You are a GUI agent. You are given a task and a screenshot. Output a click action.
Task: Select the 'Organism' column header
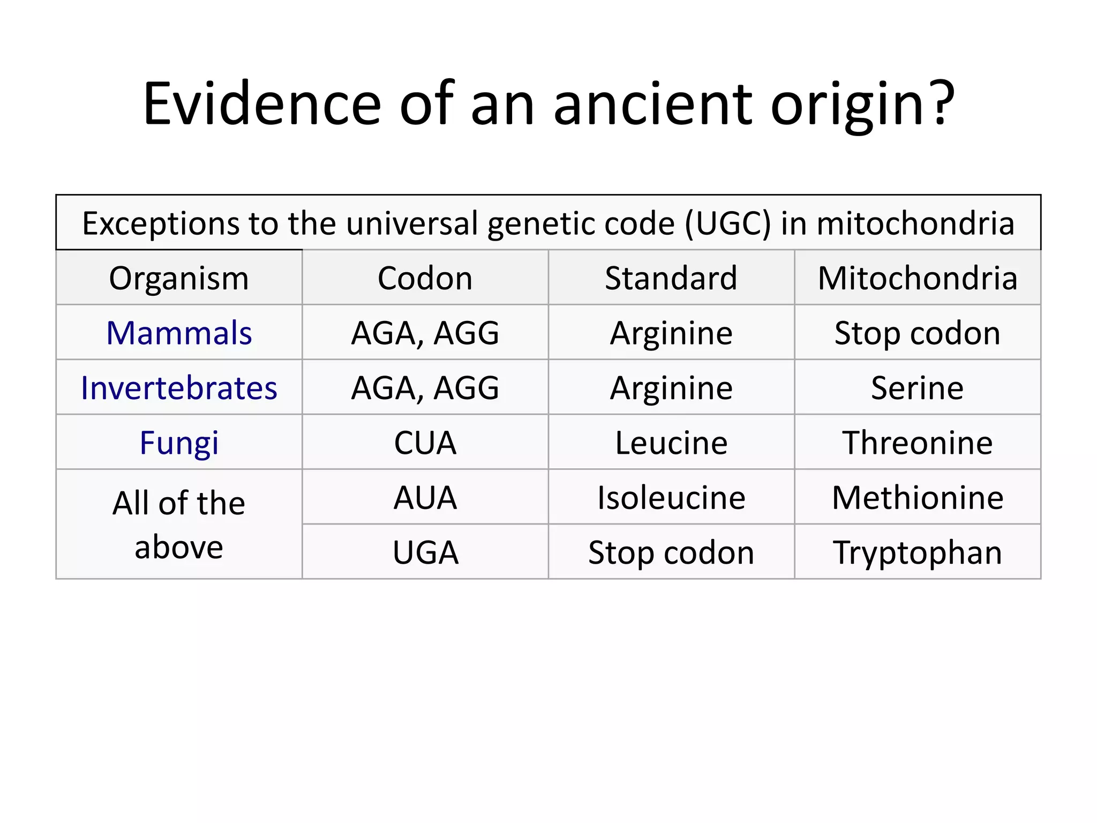tap(179, 279)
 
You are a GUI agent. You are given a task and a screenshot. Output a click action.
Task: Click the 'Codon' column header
tap(425, 279)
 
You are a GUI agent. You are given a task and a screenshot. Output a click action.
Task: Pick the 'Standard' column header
tap(671, 279)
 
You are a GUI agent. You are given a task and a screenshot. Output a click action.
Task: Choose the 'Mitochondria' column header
tap(917, 279)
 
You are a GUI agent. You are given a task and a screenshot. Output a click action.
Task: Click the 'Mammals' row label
tap(179, 333)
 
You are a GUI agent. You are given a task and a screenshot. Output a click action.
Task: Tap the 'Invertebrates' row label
tap(179, 388)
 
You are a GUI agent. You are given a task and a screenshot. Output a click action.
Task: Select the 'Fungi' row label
tap(179, 443)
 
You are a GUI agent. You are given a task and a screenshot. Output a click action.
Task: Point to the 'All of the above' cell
tap(179, 525)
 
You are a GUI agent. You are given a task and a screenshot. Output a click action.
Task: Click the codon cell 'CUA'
tap(425, 443)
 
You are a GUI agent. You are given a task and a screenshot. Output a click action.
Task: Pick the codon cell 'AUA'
tap(425, 498)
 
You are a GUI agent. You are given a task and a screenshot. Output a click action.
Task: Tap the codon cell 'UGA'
tap(425, 552)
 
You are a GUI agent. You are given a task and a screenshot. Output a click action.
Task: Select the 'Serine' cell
tap(917, 388)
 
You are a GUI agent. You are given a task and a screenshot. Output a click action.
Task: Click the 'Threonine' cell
tap(917, 443)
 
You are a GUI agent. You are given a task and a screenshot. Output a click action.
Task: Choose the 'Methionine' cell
tap(917, 498)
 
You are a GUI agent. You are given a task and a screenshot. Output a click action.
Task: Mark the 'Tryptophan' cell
tap(917, 552)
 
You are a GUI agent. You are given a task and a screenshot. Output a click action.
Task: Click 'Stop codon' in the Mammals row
tap(917, 333)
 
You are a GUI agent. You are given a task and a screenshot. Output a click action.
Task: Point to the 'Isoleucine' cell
tap(671, 498)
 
